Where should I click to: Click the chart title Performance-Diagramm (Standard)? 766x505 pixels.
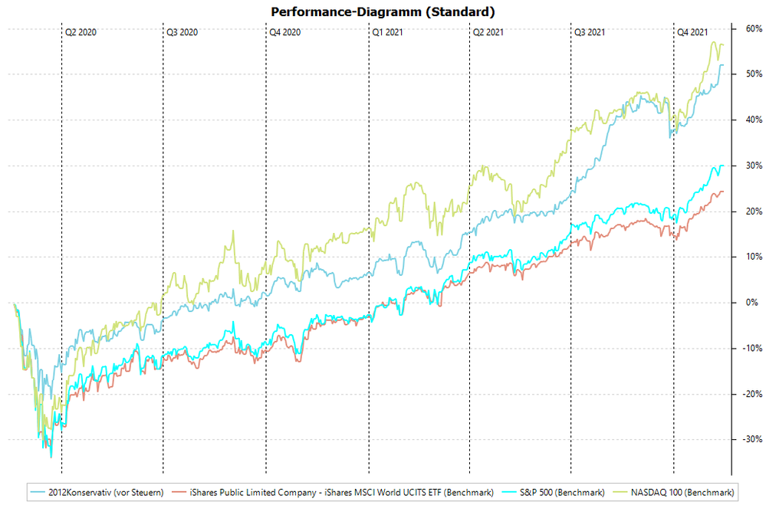tap(383, 11)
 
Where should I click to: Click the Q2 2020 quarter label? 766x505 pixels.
tap(81, 32)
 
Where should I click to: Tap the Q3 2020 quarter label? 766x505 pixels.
tap(182, 32)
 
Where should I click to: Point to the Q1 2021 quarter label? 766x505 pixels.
tap(387, 32)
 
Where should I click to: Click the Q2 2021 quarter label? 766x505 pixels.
tap(488, 32)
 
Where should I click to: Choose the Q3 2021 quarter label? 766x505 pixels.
tap(590, 32)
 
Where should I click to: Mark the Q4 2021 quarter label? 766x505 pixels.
tap(692, 32)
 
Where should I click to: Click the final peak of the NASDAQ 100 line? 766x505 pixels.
tap(714, 42)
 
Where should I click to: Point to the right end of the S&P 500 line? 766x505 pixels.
tap(722, 166)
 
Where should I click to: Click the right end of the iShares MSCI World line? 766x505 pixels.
tap(722, 192)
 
